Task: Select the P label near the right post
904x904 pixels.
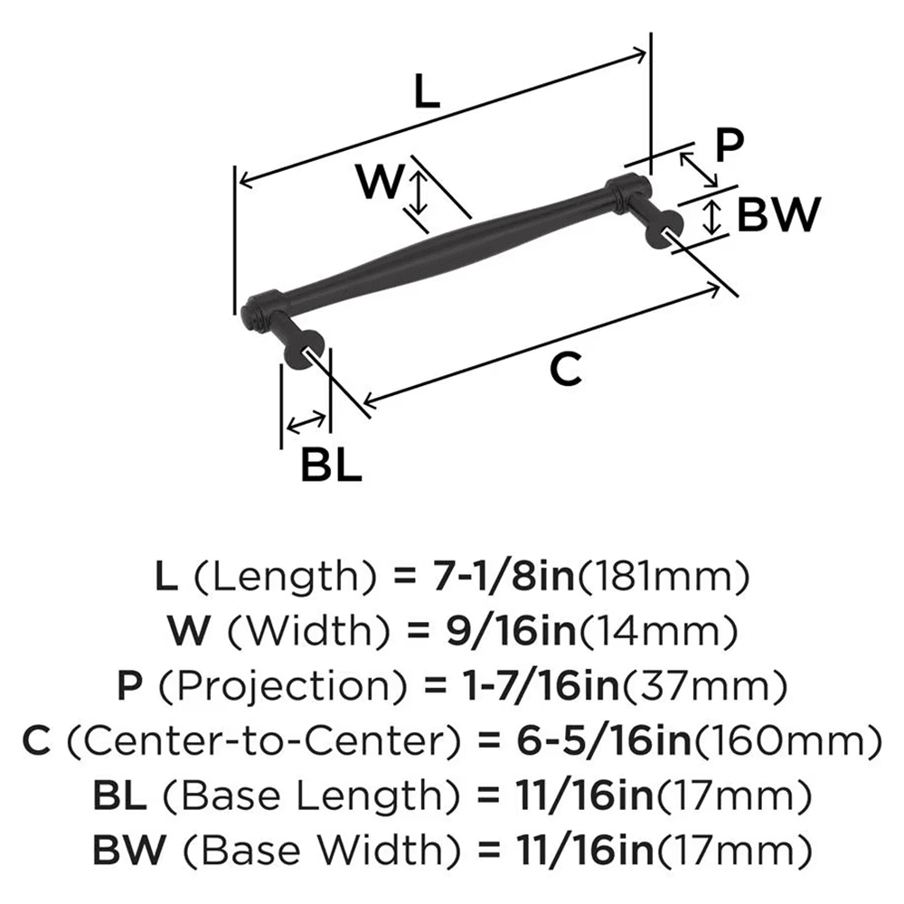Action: (727, 145)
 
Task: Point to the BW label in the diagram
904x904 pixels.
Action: (777, 215)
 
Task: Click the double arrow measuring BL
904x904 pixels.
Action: (306, 420)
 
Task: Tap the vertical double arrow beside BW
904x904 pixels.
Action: (713, 217)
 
